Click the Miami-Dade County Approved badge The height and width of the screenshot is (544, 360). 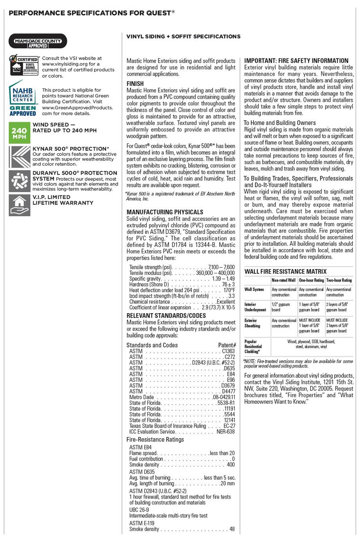tap(38, 41)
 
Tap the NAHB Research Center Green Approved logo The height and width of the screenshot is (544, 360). tap(23, 99)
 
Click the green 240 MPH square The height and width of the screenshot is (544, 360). tap(19, 132)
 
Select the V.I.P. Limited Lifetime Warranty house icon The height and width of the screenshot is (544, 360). tap(19, 205)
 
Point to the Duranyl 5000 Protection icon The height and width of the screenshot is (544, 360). tap(19, 181)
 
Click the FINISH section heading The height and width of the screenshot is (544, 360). tap(135, 83)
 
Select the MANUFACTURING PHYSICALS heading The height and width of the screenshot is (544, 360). tap(165, 212)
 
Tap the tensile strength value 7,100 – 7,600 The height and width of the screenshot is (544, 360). tap(221, 267)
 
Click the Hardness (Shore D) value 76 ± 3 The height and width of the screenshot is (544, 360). tap(229, 284)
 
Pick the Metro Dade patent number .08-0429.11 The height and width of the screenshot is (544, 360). tap(224, 397)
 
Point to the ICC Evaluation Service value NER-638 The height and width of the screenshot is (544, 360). tap(226, 432)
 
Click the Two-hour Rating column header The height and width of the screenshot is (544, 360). tap(339, 280)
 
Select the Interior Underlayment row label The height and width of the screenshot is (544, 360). tap(255, 307)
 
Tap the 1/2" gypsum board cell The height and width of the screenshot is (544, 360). tap(281, 307)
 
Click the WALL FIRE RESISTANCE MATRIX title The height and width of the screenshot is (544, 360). tap(285, 271)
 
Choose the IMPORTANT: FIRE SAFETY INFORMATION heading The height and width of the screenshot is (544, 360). tap(296, 61)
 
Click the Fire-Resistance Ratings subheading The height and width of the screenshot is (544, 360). tap(155, 439)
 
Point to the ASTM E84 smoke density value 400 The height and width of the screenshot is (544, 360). tap(231, 465)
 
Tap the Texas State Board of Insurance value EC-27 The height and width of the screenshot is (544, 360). tap(229, 426)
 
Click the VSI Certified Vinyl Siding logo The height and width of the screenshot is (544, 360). tap(24, 66)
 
